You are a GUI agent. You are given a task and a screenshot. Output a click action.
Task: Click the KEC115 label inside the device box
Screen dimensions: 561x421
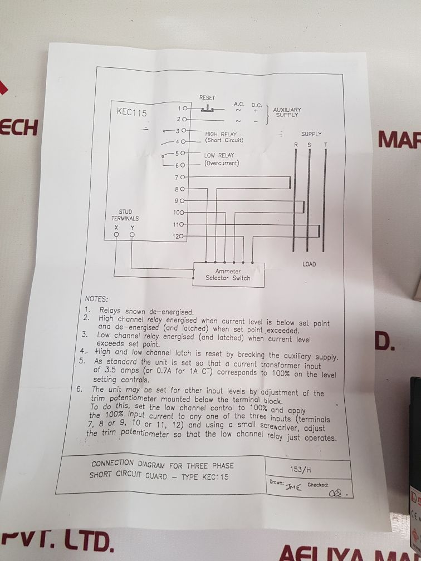pos(131,112)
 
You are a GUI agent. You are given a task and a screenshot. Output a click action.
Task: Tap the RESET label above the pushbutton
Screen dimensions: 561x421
pos(207,98)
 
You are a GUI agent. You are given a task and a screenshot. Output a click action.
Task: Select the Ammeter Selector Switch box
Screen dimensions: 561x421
pos(228,274)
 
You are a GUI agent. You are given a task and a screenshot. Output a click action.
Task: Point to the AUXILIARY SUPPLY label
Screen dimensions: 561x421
pos(287,112)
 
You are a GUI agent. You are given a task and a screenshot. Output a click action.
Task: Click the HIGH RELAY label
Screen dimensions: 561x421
pos(221,134)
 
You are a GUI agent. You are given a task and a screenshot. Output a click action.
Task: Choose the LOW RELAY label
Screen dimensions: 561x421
pos(219,155)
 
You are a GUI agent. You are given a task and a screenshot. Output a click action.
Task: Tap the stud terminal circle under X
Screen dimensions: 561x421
pos(116,235)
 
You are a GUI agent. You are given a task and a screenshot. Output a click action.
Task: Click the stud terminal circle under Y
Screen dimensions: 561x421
pos(132,235)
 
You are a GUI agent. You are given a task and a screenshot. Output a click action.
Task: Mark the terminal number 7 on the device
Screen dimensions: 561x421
pos(177,178)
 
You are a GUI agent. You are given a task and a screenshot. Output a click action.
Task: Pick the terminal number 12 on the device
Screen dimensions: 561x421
pos(176,237)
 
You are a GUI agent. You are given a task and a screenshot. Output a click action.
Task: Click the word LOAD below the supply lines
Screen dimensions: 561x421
pos(309,264)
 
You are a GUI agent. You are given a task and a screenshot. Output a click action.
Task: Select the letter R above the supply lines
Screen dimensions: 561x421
pos(296,145)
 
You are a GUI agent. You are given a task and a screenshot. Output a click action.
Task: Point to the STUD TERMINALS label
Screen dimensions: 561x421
pos(125,215)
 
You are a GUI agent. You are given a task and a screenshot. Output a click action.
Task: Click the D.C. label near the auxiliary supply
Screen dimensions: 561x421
pos(256,105)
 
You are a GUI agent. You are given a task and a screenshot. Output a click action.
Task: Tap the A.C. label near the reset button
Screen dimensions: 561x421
pos(239,104)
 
